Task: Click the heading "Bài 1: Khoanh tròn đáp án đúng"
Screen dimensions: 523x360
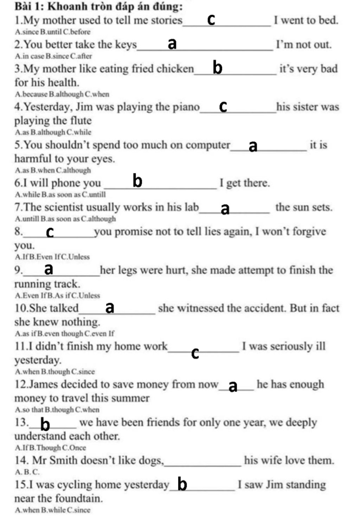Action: click(x=98, y=6)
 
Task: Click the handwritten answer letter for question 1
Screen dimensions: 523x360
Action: click(x=211, y=20)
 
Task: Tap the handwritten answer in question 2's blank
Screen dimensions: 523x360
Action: click(x=172, y=44)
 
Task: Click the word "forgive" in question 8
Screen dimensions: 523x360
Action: click(x=310, y=232)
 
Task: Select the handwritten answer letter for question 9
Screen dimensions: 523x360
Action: click(x=49, y=269)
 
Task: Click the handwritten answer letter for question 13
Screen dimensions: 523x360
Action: click(x=45, y=424)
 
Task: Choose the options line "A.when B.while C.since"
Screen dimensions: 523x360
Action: click(x=53, y=510)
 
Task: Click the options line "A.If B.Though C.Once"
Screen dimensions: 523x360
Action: click(x=51, y=448)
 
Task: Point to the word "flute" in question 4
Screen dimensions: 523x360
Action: click(x=81, y=121)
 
